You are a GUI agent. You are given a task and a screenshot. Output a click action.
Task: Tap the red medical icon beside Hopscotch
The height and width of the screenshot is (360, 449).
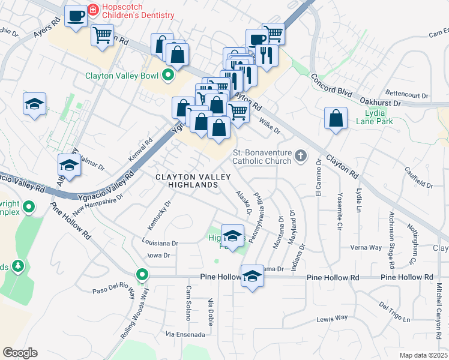[x=92, y=10]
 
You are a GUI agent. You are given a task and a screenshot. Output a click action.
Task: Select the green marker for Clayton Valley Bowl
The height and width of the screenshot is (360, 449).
[x=167, y=76]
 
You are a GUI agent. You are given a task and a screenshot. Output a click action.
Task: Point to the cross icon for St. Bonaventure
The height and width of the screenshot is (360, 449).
[x=301, y=157]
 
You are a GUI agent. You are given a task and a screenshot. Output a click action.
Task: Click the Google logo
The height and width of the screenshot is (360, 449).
[x=20, y=353]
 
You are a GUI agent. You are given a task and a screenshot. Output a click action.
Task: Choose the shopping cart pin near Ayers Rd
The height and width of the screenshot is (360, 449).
[x=102, y=34]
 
